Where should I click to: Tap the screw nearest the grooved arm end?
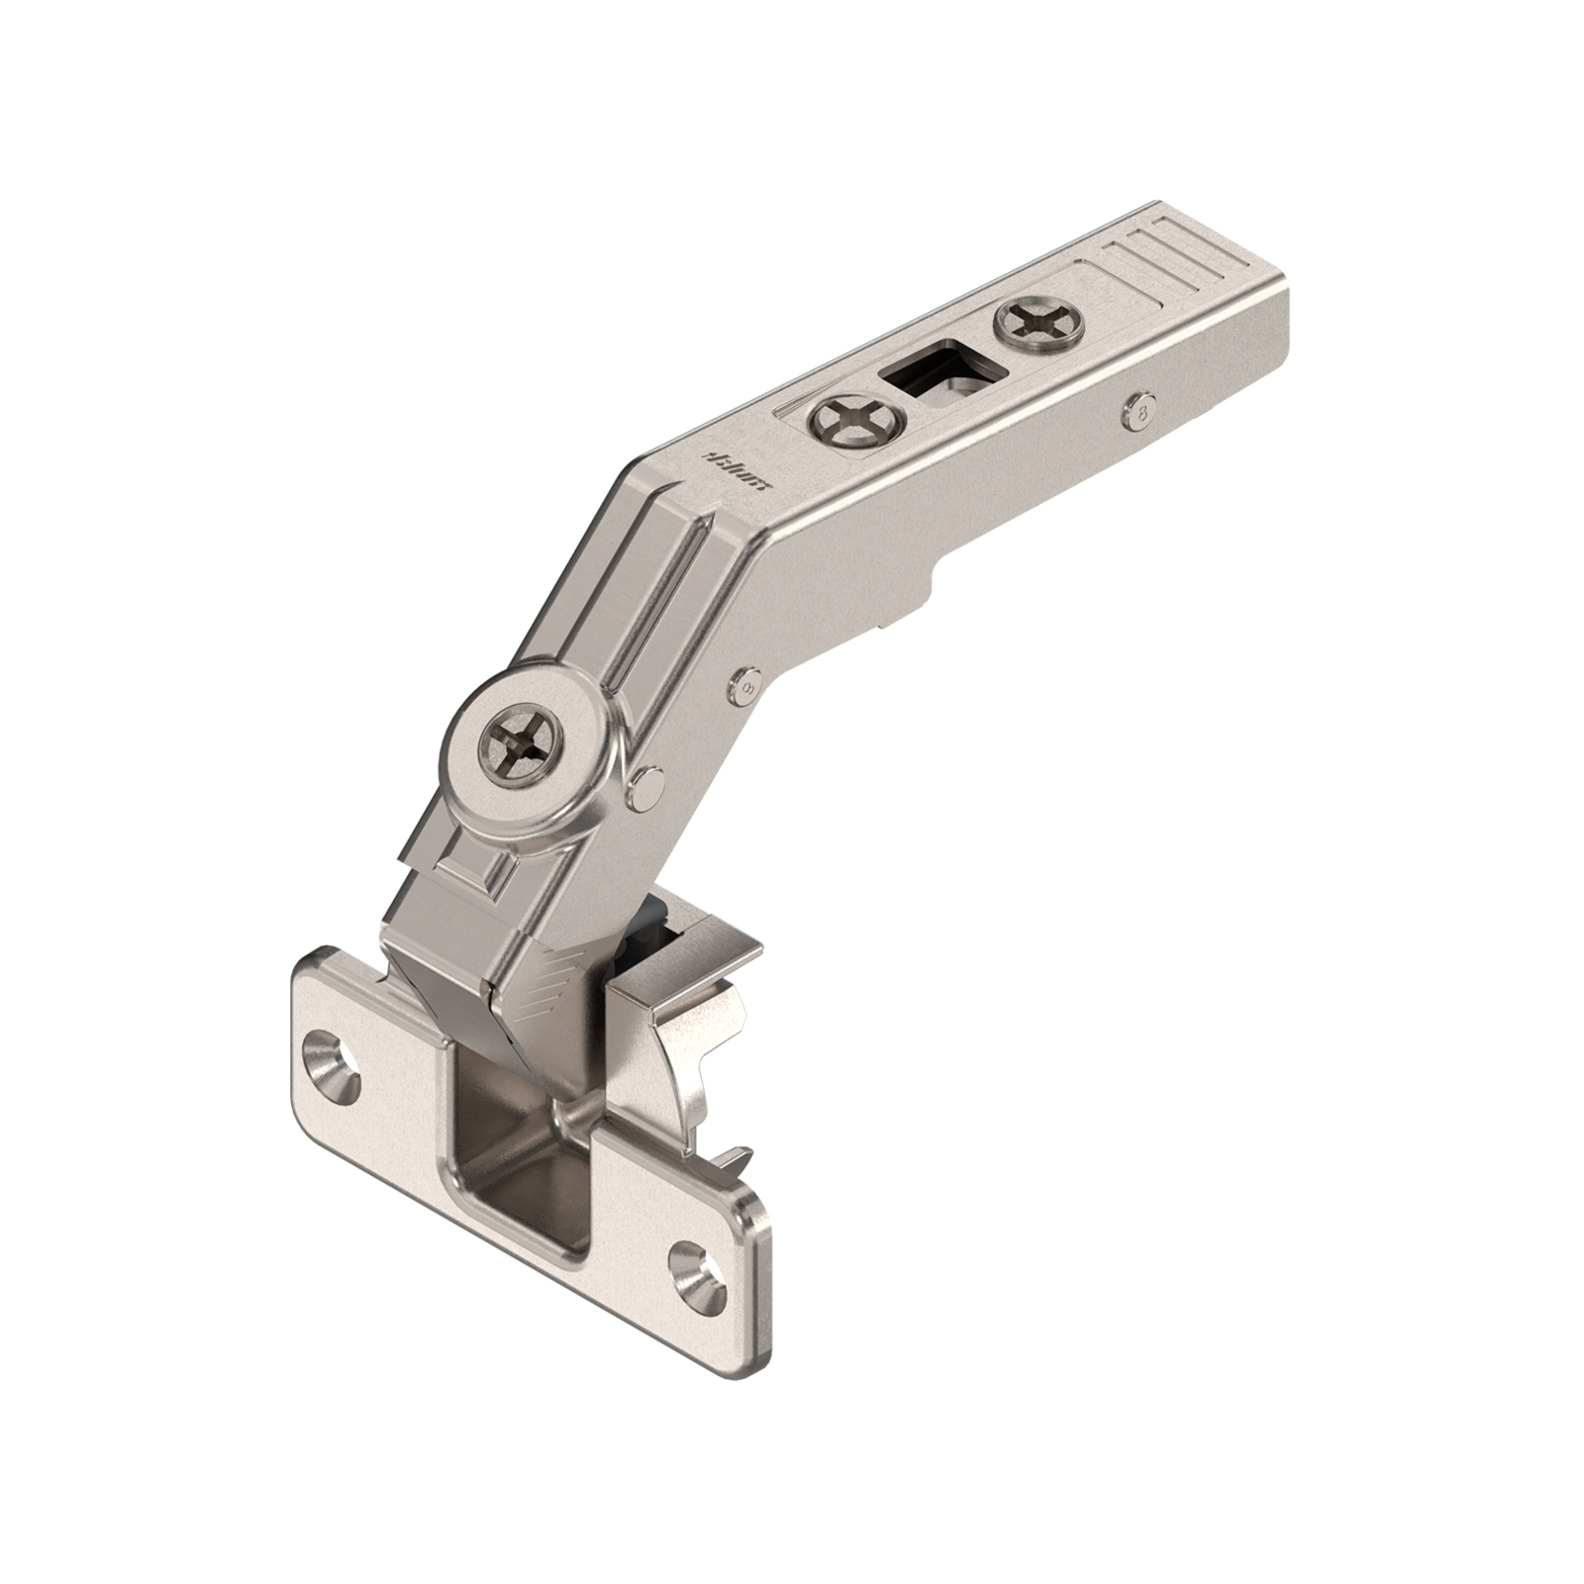(x=1039, y=324)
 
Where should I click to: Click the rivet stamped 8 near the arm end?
(x=1144, y=408)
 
